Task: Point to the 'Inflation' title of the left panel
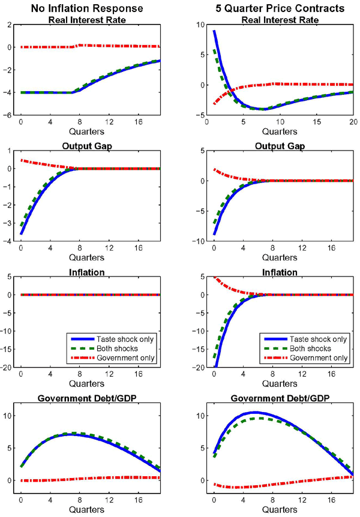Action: point(90,272)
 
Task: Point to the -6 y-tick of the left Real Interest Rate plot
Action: point(10,116)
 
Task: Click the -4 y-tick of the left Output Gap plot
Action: point(10,242)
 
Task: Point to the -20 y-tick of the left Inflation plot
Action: point(8,368)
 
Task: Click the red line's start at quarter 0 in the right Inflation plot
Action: point(214,277)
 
